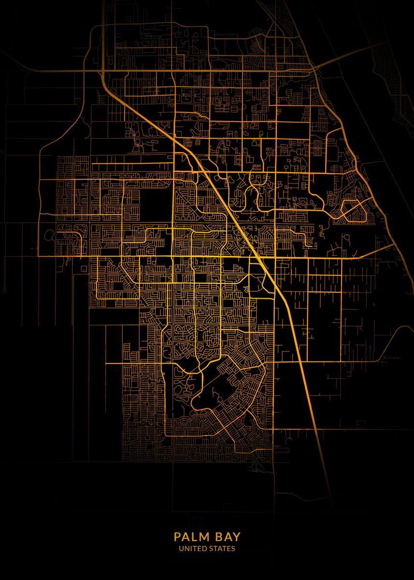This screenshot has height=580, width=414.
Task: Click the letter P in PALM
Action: pos(177,537)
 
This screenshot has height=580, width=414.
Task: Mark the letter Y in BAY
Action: pos(236,537)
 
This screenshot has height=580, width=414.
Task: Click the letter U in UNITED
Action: pos(181,549)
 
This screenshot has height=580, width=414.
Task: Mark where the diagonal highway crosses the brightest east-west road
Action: pos(259,257)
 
